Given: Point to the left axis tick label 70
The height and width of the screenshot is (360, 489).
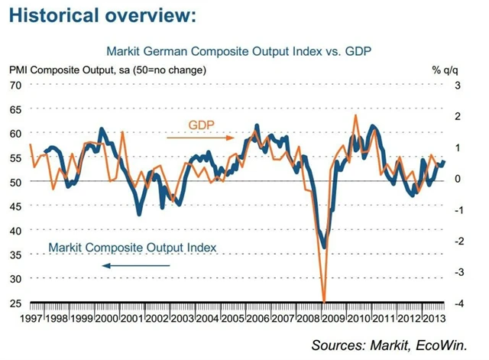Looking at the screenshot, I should [x=15, y=84].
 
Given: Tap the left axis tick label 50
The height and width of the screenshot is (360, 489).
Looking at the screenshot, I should [x=15, y=182].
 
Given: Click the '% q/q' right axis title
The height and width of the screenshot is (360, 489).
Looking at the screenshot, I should [x=445, y=70].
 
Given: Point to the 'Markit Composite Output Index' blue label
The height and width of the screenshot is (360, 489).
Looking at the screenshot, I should [x=132, y=247].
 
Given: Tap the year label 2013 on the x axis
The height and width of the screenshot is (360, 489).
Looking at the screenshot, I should [x=435, y=317].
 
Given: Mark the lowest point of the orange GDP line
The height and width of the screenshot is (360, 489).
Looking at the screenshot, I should [x=325, y=301].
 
